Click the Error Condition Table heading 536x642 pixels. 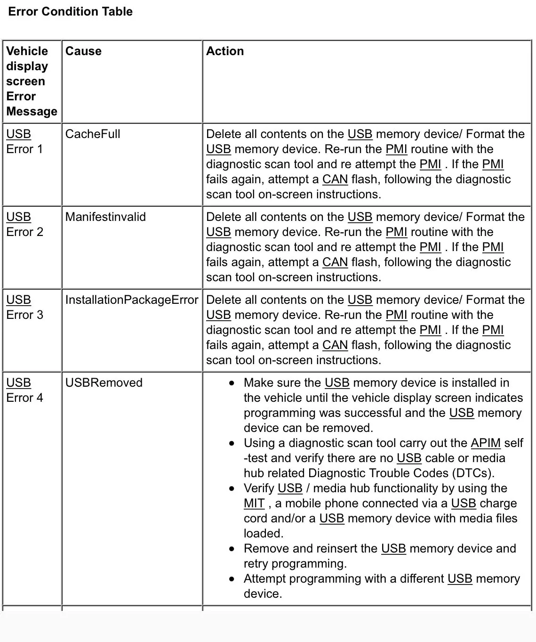tap(71, 12)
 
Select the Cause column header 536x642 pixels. tap(83, 51)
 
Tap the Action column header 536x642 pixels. tap(225, 51)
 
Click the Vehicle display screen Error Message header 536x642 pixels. tap(31, 81)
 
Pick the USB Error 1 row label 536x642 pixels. tap(24, 141)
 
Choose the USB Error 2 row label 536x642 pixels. tap(24, 224)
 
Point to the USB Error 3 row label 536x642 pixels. tap(24, 307)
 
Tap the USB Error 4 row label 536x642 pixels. tap(24, 390)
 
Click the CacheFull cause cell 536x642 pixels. tap(93, 134)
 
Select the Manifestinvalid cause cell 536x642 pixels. tap(105, 217)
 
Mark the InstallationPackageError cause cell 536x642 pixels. tap(132, 300)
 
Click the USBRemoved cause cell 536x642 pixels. tap(104, 382)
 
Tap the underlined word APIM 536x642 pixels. tap(486, 443)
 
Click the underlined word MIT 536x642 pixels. tap(254, 503)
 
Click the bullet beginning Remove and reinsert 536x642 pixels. tap(379, 556)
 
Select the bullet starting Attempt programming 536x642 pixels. tap(381, 586)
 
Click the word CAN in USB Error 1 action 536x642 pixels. tap(335, 179)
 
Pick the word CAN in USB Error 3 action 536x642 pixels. tap(335, 345)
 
